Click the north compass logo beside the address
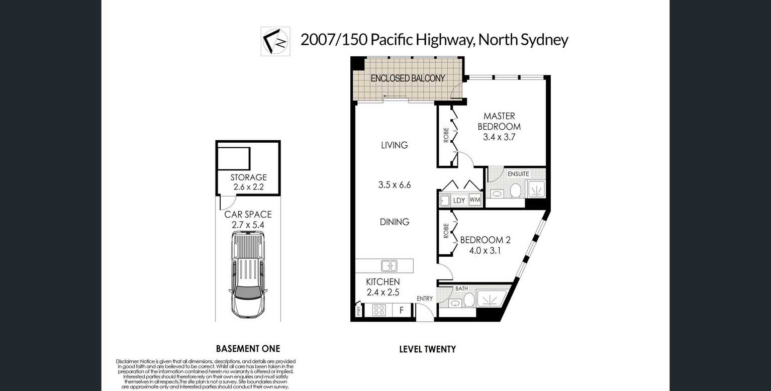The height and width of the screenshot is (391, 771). [x=275, y=41]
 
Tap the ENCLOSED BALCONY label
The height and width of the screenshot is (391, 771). [x=408, y=78]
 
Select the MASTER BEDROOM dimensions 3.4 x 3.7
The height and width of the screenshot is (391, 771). [x=499, y=137]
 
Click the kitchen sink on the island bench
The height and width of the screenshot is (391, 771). [x=390, y=266]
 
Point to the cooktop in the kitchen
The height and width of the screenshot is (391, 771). [x=379, y=310]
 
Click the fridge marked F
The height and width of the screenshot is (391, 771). [x=402, y=310]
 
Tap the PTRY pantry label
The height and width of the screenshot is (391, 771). [x=359, y=311]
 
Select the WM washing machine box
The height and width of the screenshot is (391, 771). [x=475, y=200]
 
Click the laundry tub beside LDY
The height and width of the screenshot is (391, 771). [x=445, y=201]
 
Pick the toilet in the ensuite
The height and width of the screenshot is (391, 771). [x=516, y=190]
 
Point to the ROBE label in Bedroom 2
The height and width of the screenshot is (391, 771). [x=446, y=231]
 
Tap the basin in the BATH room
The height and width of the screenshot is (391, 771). [x=456, y=303]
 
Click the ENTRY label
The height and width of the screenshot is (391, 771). [x=424, y=299]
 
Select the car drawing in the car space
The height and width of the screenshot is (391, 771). [x=248, y=275]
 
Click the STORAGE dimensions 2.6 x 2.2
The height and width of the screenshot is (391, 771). [x=248, y=187]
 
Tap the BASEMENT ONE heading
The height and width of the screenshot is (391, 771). [x=248, y=349]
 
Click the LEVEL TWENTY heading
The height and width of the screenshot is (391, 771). [x=428, y=349]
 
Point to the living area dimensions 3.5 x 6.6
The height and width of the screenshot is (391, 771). [x=395, y=185]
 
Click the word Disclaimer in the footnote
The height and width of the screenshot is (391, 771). [x=127, y=361]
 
